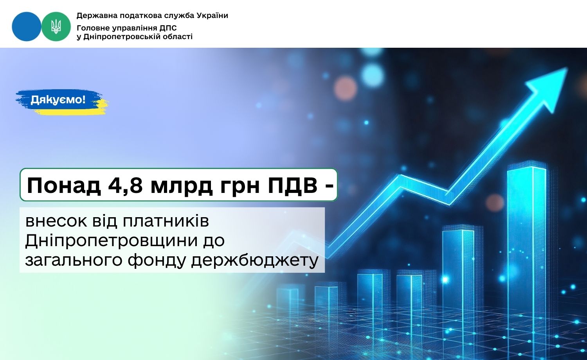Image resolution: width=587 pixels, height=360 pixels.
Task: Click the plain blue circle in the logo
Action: point(27,27)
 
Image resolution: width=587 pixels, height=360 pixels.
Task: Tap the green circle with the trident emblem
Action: point(56,27)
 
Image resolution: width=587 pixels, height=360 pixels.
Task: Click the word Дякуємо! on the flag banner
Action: point(58,99)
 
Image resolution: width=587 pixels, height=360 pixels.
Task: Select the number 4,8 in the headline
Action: point(125,185)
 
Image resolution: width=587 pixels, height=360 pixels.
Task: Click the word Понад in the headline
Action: point(64,185)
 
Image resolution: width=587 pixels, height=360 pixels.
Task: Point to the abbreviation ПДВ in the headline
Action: point(293,185)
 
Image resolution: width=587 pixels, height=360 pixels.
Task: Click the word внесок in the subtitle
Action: point(56,221)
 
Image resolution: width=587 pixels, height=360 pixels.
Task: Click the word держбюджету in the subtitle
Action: point(255,261)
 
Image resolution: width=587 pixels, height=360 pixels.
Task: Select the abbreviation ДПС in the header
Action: point(168,28)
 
